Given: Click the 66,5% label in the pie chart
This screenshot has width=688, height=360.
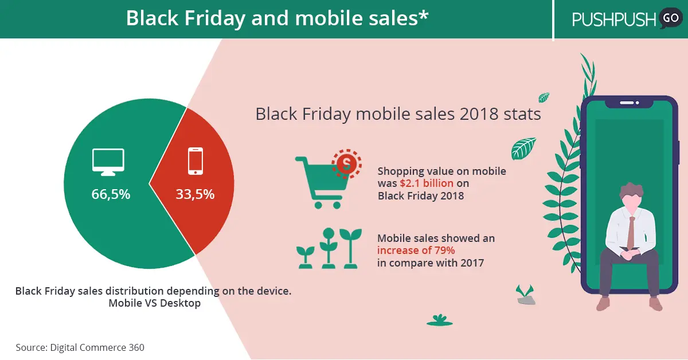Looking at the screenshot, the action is (x=111, y=194).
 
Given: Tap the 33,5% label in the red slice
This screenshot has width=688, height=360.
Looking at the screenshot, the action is (x=195, y=194).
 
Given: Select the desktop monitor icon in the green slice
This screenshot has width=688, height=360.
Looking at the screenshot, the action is (x=108, y=162).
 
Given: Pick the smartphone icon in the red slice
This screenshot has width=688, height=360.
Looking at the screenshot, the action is (x=196, y=161).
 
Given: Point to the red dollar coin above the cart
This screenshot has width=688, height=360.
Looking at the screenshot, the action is (x=346, y=164).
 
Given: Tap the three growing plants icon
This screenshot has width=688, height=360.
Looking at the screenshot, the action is (x=329, y=248).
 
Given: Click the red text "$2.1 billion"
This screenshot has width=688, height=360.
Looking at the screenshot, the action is (x=427, y=183).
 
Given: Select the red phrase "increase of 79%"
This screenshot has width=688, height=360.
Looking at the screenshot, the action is (x=416, y=251).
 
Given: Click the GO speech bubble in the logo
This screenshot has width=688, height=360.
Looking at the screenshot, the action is (x=670, y=18).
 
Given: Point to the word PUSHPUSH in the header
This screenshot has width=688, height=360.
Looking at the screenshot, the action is (x=613, y=19).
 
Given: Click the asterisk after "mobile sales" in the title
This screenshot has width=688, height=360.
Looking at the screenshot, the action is (x=424, y=14).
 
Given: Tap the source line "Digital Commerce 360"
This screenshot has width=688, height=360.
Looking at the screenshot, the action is (x=97, y=347).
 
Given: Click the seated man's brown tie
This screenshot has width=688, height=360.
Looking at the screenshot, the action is (x=631, y=233).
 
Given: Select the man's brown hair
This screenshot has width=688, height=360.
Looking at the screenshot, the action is (x=631, y=190).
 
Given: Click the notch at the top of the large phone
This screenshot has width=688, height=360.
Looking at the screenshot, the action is (x=629, y=104).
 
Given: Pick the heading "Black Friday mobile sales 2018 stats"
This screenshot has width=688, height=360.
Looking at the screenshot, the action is (x=398, y=114).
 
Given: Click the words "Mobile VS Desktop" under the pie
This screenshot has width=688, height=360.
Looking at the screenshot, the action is (x=154, y=303).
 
